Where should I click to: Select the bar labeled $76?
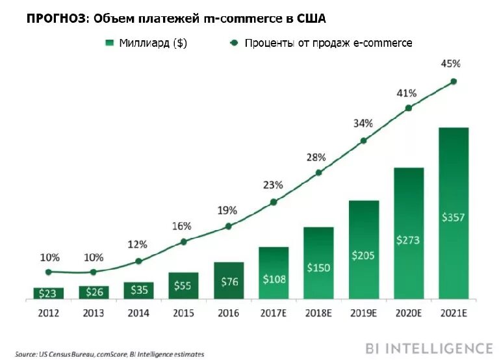click(x=228, y=281)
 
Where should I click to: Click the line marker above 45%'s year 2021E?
click(x=454, y=81)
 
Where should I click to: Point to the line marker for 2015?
click(x=183, y=242)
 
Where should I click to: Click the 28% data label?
click(x=318, y=157)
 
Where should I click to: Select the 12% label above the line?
click(x=138, y=245)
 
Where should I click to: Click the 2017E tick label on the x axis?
click(x=274, y=313)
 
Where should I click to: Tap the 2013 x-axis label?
click(x=93, y=313)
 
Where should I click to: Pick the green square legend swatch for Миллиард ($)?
click(x=109, y=44)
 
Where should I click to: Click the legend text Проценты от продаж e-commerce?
click(x=328, y=44)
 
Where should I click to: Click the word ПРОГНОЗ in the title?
click(x=55, y=18)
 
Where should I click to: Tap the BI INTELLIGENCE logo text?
click(x=429, y=348)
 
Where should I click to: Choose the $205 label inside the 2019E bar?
click(x=363, y=255)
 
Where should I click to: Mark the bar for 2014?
click(x=138, y=290)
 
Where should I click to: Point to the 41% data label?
click(x=408, y=94)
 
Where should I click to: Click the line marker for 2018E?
click(x=318, y=173)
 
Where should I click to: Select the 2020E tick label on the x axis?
click(x=408, y=313)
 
